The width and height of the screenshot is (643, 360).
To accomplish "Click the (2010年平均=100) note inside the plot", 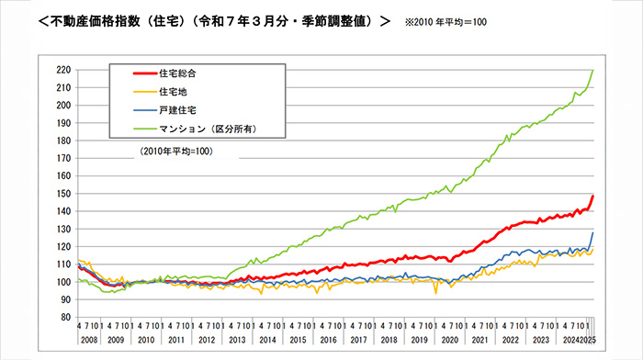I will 176,150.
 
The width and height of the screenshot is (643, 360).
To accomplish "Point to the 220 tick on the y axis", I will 63,70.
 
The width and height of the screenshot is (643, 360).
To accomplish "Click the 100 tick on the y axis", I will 63,282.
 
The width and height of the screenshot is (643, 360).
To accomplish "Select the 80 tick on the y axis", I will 66,317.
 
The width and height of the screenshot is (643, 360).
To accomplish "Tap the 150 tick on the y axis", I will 63,194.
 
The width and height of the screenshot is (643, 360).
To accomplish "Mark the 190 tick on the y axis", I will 63,123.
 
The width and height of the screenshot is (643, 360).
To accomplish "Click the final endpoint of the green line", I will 593,70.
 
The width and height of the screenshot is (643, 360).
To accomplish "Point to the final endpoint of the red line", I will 593,196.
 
